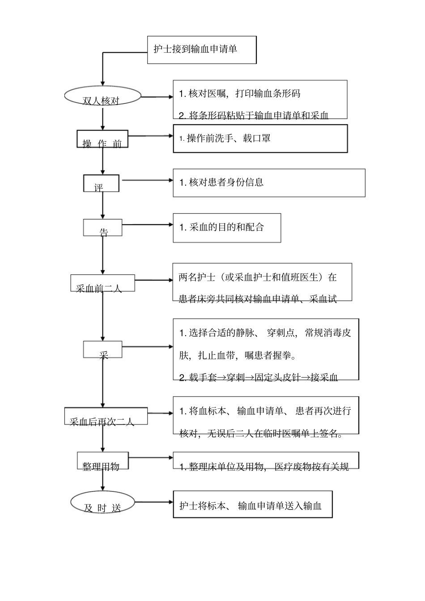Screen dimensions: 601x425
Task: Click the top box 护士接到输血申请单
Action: click(202, 50)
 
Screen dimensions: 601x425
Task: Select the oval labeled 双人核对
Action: click(103, 97)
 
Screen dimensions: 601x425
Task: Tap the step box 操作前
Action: click(102, 139)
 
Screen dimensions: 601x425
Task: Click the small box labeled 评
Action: click(101, 184)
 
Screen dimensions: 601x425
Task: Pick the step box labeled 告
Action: click(102, 228)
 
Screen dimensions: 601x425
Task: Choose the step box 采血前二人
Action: click(102, 283)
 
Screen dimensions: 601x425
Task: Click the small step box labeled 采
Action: click(102, 349)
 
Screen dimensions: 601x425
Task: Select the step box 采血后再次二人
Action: click(106, 416)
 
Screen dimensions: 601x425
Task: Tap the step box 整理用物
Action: click(102, 461)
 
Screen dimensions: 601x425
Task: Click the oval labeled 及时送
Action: click(102, 503)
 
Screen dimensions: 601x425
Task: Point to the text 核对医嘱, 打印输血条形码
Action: click(240, 94)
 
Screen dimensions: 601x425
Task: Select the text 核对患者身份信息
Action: click(221, 182)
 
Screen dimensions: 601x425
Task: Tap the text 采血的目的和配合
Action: click(222, 227)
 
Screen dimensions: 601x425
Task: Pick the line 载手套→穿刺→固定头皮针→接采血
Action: click(259, 378)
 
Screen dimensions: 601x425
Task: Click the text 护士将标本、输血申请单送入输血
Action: click(251, 505)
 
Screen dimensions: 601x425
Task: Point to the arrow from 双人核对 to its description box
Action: click(157, 97)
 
